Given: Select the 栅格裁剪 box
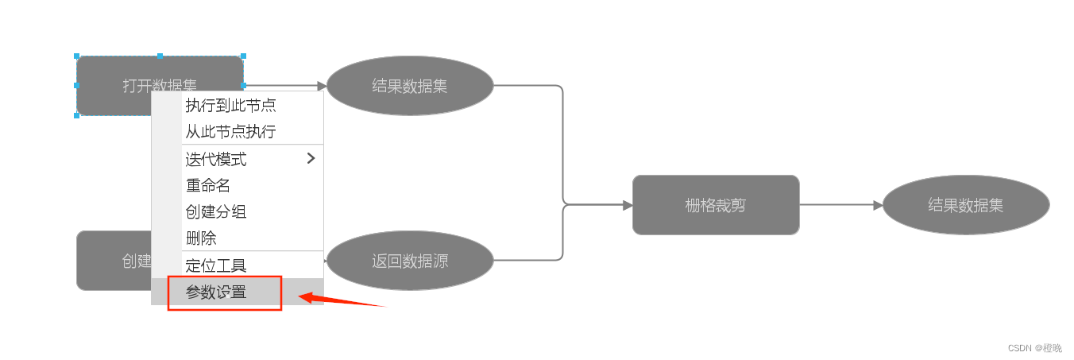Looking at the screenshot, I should tap(715, 205).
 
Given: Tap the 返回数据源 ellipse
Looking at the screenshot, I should tap(410, 261).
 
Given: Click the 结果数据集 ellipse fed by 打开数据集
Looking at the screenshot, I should tap(410, 86).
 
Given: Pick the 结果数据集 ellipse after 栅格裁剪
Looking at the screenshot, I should tap(965, 205).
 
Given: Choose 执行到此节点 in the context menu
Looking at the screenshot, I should tap(230, 105).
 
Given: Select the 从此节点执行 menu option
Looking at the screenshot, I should tap(230, 132).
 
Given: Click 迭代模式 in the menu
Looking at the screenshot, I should tap(216, 159).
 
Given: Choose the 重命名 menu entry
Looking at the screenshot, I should tap(208, 185).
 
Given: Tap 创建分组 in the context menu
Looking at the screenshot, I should tap(216, 211).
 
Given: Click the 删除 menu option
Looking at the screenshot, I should tap(201, 238).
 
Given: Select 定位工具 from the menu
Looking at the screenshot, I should tap(216, 265).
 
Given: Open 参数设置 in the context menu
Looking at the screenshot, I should tap(216, 292).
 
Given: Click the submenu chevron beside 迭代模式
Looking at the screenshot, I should tap(311, 158).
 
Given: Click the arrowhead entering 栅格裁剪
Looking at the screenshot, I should tap(628, 205).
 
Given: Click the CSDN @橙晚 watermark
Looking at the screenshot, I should tap(1034, 348).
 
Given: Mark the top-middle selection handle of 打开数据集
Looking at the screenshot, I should tap(160, 56).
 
